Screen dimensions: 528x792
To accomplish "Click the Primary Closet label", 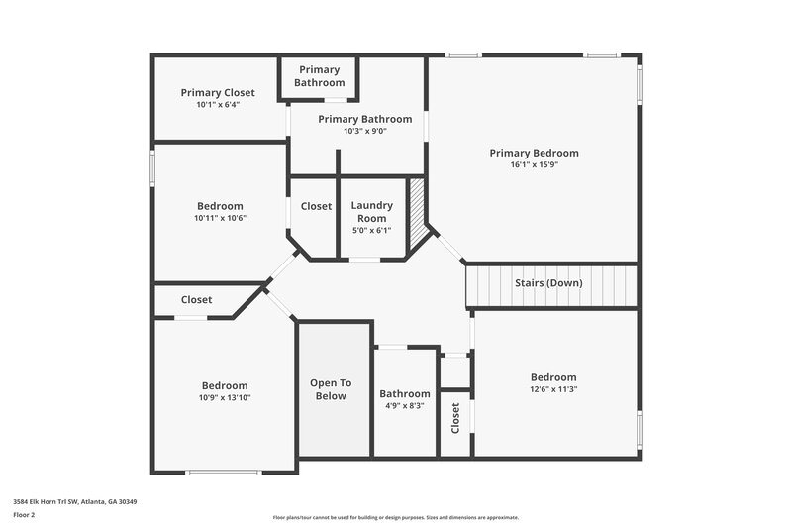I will [x=218, y=93].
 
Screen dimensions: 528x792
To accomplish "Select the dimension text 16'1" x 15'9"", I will [x=534, y=165].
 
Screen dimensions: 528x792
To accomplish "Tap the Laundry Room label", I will [x=371, y=211].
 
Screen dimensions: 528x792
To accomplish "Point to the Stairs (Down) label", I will [x=548, y=283].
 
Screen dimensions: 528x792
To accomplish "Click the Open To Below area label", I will [x=331, y=389].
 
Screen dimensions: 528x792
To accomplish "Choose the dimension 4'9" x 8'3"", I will [x=404, y=405].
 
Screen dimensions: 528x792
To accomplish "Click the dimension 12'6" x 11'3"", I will [x=552, y=389].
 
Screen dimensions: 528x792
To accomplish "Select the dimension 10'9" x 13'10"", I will [x=225, y=398].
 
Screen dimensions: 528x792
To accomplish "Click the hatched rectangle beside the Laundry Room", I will [x=417, y=205].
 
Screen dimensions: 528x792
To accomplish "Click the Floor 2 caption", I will [x=25, y=515].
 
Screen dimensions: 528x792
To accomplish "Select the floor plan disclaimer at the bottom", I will [x=395, y=517].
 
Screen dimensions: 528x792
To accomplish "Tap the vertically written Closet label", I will [x=455, y=418].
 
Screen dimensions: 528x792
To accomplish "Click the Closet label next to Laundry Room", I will [x=316, y=206].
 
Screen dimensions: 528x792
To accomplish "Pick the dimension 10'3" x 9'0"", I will [x=364, y=131].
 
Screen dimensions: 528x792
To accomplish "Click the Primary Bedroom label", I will [x=534, y=153].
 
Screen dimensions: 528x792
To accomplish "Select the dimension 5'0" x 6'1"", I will [x=371, y=230].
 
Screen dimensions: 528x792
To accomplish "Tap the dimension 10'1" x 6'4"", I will [x=218, y=105].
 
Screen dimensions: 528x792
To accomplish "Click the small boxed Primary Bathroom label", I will [x=319, y=76].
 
